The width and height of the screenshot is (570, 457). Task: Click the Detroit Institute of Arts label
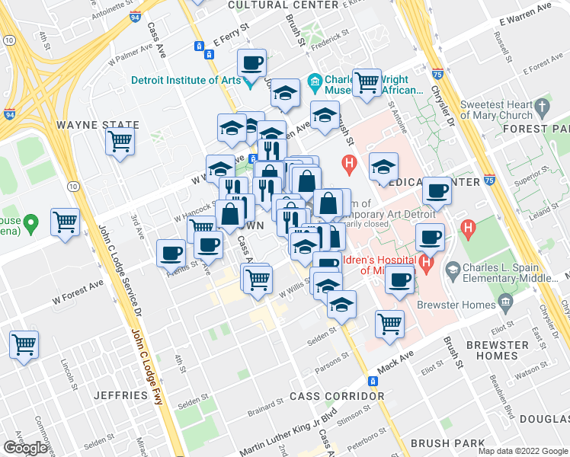[x=186, y=80]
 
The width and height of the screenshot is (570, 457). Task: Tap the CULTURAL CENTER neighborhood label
[x=283, y=5]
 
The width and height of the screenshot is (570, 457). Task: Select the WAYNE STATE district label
[x=98, y=125]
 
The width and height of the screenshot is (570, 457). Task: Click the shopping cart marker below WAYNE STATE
[x=120, y=141]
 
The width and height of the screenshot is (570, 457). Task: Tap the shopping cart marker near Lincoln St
[x=24, y=344]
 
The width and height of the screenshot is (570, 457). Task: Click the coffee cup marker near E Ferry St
[x=251, y=62]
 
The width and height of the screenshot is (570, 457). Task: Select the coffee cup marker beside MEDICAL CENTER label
[x=437, y=191]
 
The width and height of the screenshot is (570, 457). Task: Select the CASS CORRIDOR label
[x=337, y=397]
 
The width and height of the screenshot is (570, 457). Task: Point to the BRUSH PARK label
[x=447, y=443]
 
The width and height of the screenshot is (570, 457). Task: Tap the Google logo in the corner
[x=26, y=447]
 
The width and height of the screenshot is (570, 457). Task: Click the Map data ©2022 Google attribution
[x=522, y=451]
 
